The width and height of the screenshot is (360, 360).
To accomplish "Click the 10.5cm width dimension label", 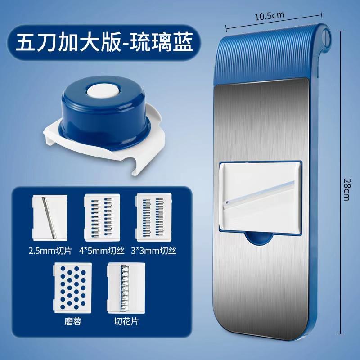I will point(270,16).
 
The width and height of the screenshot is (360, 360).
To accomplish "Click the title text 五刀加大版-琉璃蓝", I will point(104,43).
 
